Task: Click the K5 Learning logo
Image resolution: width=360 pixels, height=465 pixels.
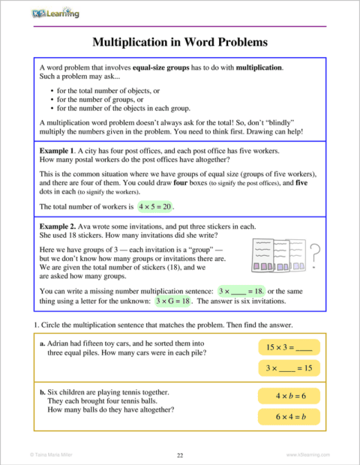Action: tap(55, 13)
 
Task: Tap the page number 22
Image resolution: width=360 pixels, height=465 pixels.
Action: tap(179, 454)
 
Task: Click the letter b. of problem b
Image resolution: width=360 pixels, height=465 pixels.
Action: tap(41, 392)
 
